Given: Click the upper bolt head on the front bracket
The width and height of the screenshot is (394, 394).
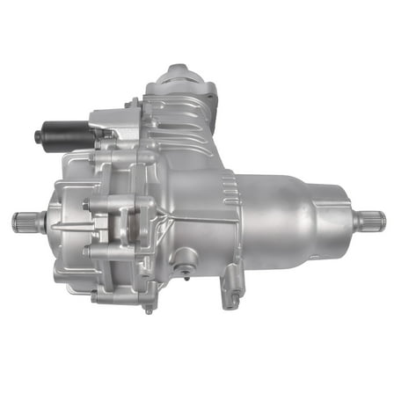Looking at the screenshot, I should (87, 206).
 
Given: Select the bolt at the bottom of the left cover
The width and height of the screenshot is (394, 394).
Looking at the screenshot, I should (147, 309).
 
